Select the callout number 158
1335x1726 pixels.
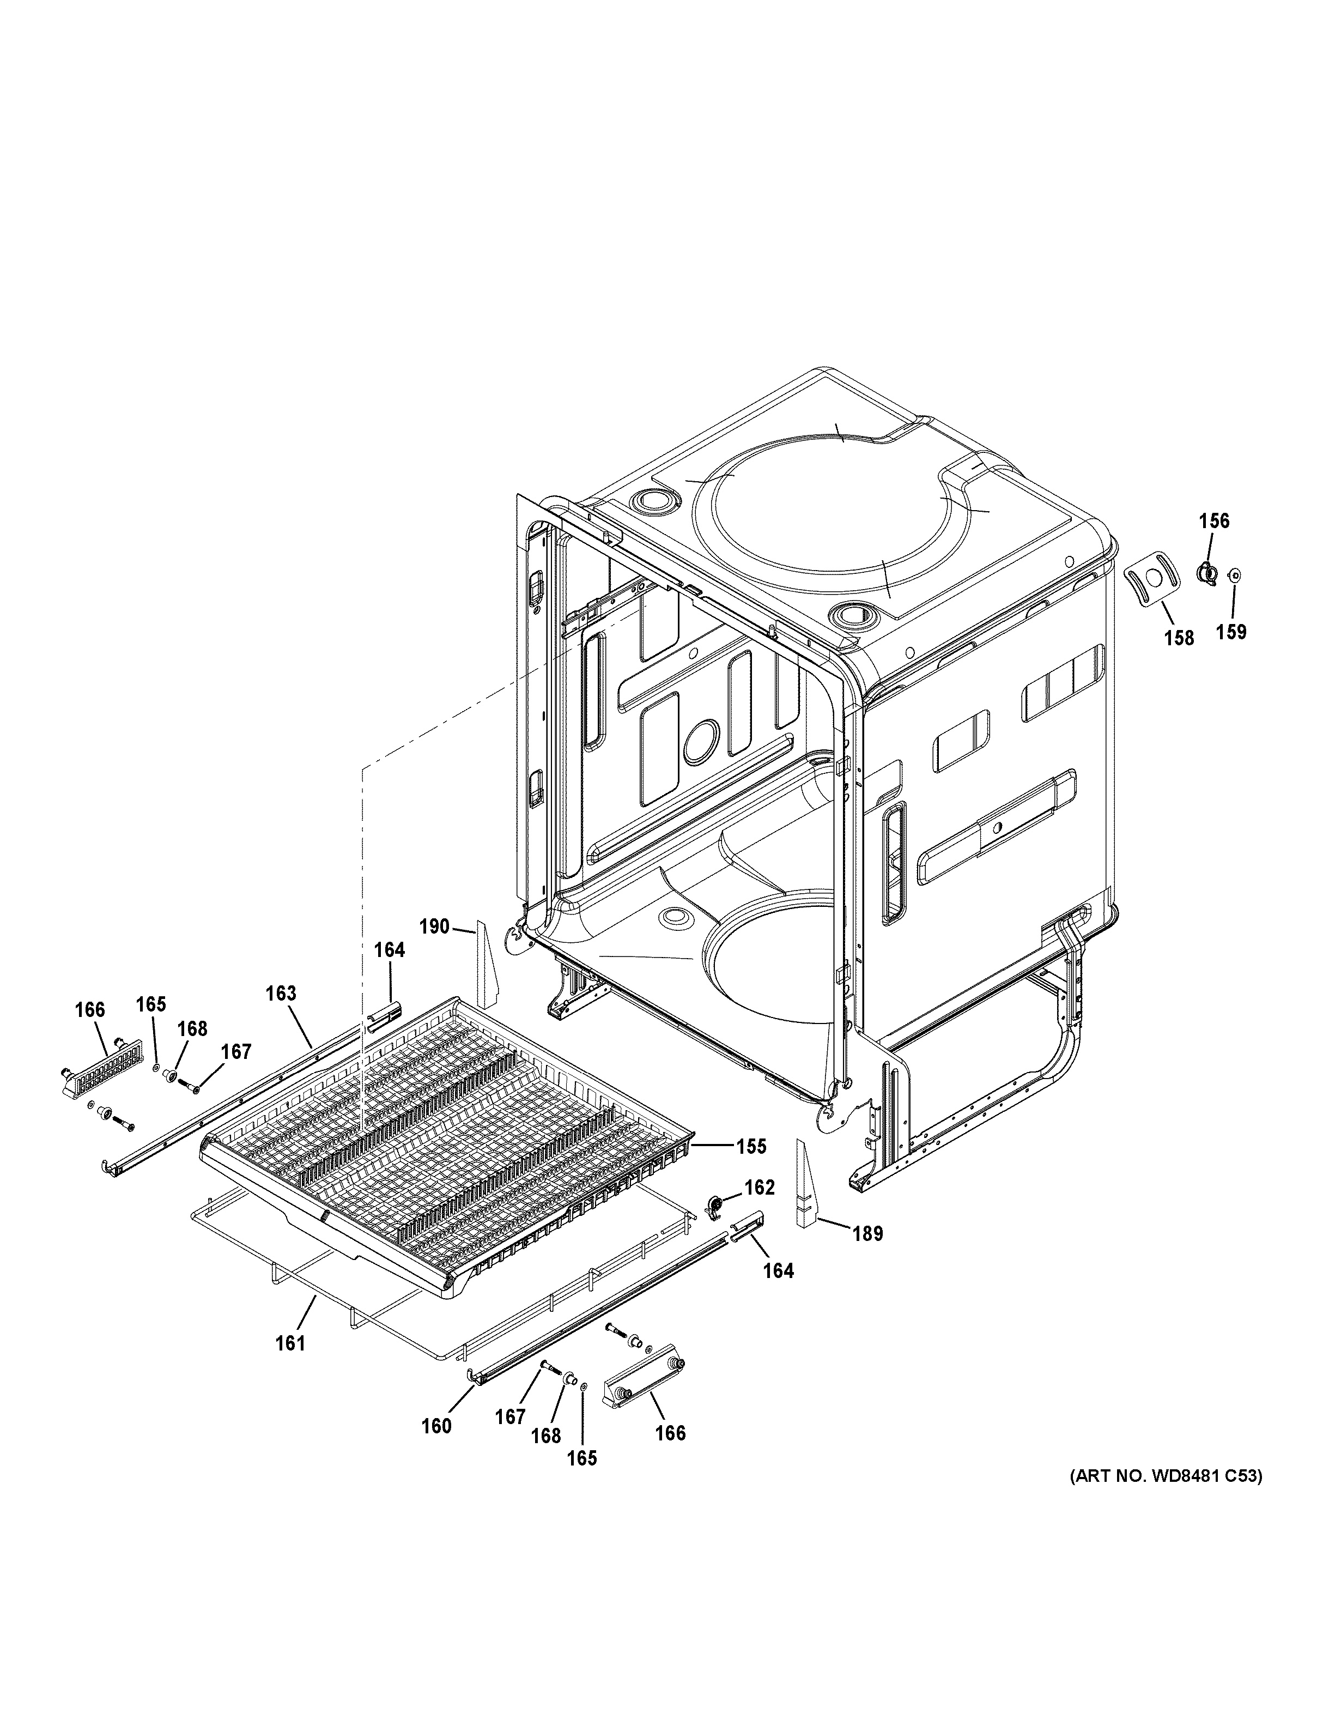click(x=1179, y=637)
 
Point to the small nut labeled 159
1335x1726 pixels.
click(x=1234, y=577)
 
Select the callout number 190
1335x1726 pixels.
click(x=434, y=926)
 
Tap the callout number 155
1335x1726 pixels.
click(x=750, y=1145)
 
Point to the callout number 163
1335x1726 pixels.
click(x=281, y=994)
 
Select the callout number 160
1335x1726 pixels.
click(x=436, y=1426)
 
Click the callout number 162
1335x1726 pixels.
click(x=759, y=1209)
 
